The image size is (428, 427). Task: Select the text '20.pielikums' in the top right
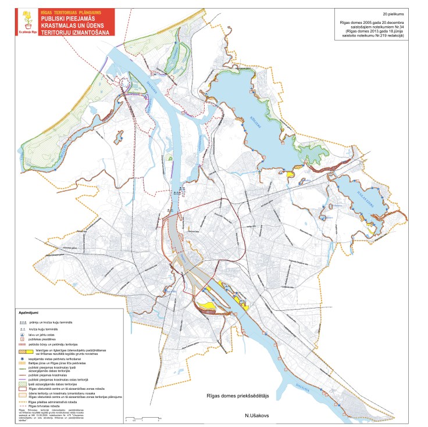click(x=393, y=12)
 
